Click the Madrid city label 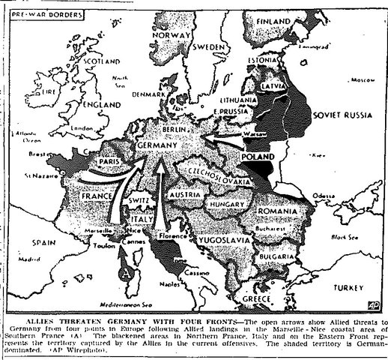pyautogui.click(x=29, y=261)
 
